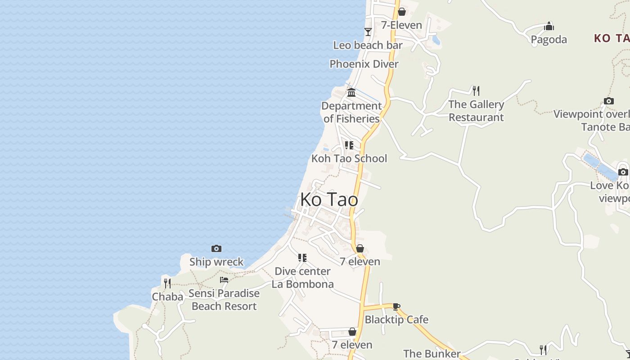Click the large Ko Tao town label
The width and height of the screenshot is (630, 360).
point(329,199)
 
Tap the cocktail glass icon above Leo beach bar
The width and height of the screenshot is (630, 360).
point(368,31)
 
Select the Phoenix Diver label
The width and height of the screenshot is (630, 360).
point(364,64)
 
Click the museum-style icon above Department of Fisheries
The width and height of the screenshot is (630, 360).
point(351,92)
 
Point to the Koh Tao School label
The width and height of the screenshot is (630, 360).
point(349,158)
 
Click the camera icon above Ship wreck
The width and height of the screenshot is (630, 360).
point(216,248)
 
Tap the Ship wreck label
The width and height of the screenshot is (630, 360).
point(216,262)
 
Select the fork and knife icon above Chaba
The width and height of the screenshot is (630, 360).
point(167,283)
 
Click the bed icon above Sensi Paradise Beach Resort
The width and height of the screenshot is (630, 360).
point(224,280)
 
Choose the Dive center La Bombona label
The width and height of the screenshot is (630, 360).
point(302,278)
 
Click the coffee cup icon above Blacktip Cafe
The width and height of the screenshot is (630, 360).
point(396,306)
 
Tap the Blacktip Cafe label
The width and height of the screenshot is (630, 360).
point(396,319)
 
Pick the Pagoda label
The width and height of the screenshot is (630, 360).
point(549,40)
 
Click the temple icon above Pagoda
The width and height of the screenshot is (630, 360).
point(549,26)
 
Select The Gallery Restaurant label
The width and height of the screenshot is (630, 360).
point(476,111)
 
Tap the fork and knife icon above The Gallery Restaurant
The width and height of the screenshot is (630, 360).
point(476,91)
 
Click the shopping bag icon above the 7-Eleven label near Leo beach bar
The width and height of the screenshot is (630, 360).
point(402,12)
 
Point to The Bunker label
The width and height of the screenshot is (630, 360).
point(432,354)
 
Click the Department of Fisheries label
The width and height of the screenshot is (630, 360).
point(351,112)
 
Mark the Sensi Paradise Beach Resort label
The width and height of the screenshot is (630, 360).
point(224,300)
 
